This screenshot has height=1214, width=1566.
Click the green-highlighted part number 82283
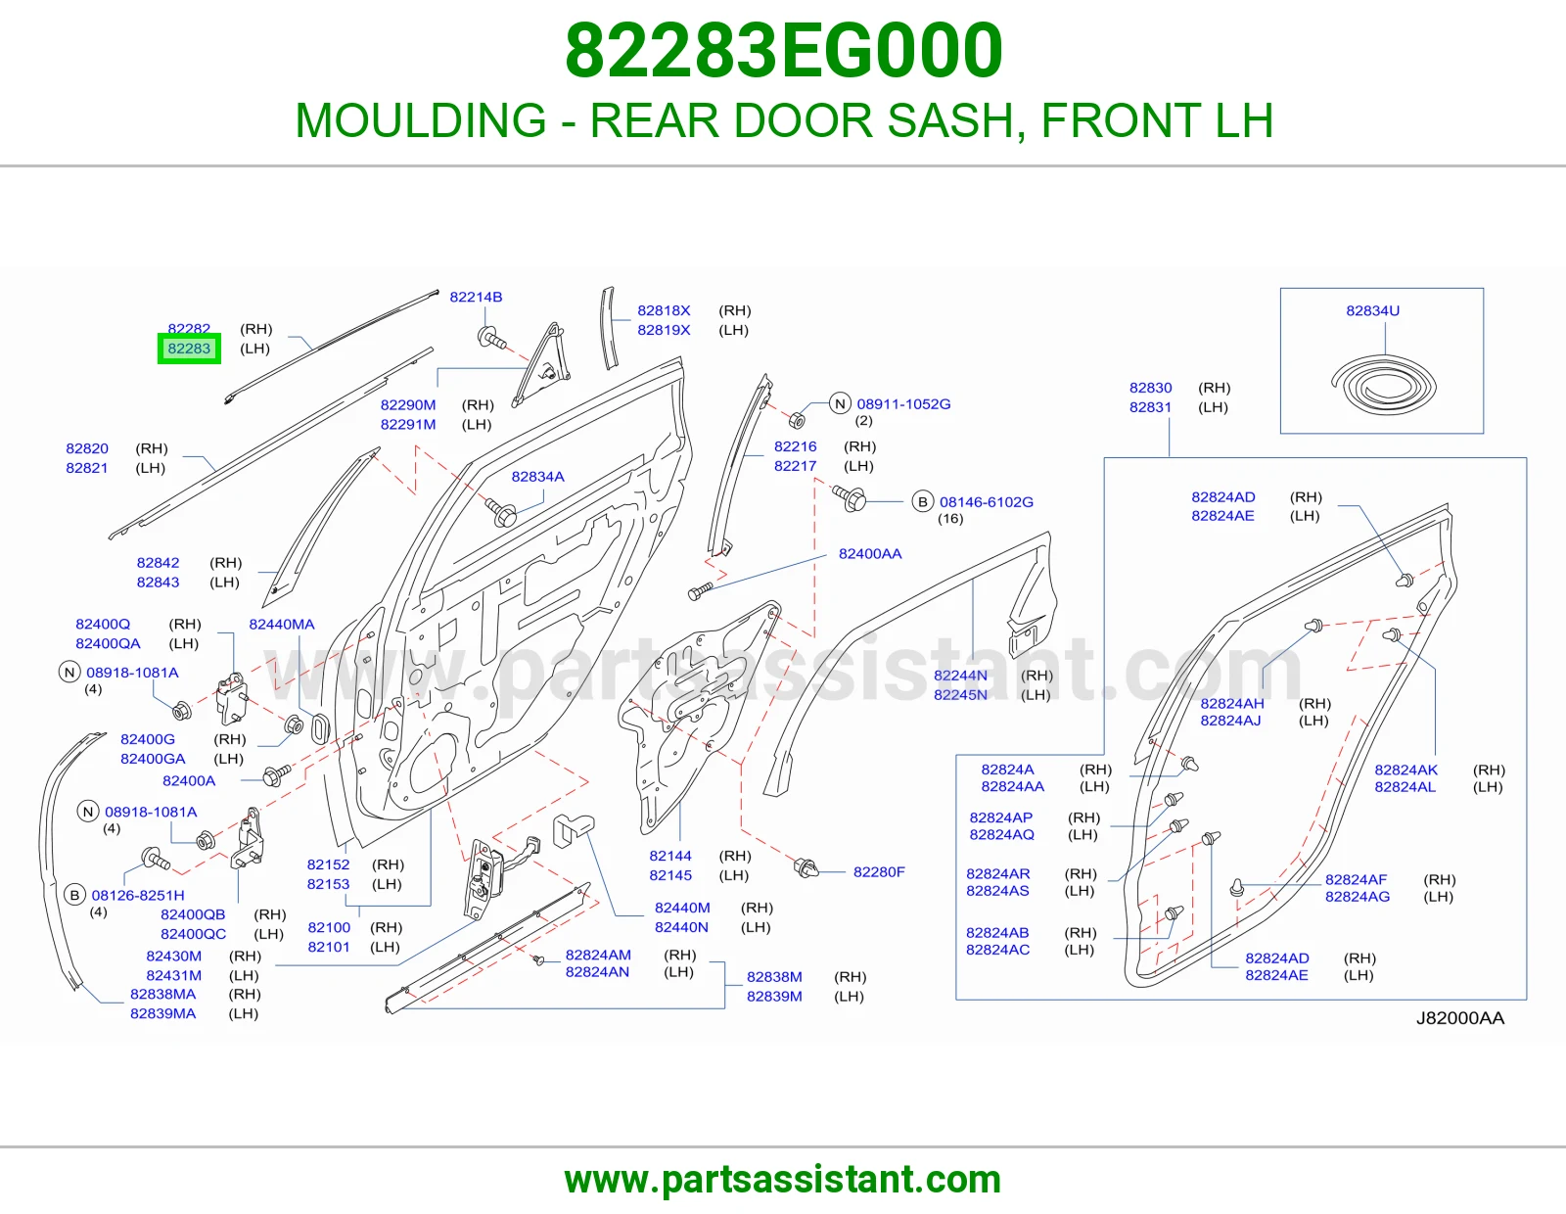coord(189,349)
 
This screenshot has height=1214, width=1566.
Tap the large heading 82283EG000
coord(783,51)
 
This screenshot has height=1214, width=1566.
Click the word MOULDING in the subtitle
coord(421,120)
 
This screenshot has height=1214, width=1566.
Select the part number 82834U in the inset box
coord(1373,310)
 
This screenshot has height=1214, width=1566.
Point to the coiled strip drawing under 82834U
coord(1383,387)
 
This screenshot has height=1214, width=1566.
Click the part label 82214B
coord(476,297)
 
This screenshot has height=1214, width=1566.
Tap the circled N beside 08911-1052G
coord(841,403)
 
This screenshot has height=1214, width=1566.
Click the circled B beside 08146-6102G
coord(922,501)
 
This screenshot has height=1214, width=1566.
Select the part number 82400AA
coord(870,554)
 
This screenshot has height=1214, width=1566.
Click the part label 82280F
coord(879,872)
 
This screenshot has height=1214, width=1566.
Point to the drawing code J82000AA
coord(1460,1018)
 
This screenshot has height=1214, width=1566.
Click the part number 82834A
coord(537,477)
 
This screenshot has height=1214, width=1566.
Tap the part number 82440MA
coord(282,625)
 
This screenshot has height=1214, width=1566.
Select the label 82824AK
coord(1405,770)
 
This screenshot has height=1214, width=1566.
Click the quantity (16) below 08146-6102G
coord(950,519)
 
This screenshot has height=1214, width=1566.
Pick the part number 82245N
coord(961,695)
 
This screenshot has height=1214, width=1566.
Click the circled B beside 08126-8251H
coord(75,896)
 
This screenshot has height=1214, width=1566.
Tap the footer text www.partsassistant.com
coord(783,1180)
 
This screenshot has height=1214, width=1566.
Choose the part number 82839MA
coord(162,1013)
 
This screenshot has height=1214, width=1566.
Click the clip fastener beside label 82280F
coord(805,868)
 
